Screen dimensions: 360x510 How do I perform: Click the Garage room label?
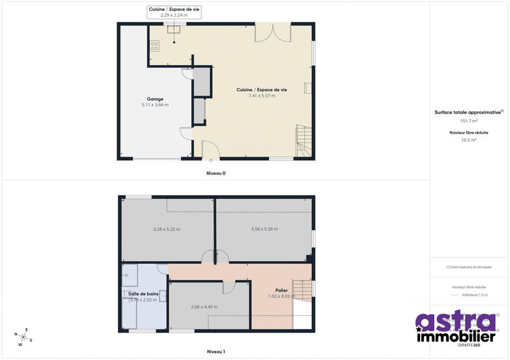[155, 99]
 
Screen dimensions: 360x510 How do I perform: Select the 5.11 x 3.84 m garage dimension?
[155, 105]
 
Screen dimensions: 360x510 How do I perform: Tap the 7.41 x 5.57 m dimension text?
[261, 96]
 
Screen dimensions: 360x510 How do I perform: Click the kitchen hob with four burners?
[154, 45]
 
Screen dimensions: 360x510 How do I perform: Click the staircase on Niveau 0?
[302, 141]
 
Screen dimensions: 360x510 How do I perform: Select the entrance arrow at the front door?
[211, 161]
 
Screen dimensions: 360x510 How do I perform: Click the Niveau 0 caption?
[215, 173]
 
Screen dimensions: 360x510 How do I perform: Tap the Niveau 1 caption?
[215, 352]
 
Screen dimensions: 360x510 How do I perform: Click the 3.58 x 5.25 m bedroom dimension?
[167, 229]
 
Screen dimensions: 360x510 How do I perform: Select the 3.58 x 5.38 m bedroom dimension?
[264, 229]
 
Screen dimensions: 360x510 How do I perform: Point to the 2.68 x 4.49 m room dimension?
[204, 306]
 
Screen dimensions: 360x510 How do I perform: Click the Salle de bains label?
[143, 294]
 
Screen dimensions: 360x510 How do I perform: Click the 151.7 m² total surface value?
[469, 120]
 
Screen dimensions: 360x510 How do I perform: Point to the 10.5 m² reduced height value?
[469, 140]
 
